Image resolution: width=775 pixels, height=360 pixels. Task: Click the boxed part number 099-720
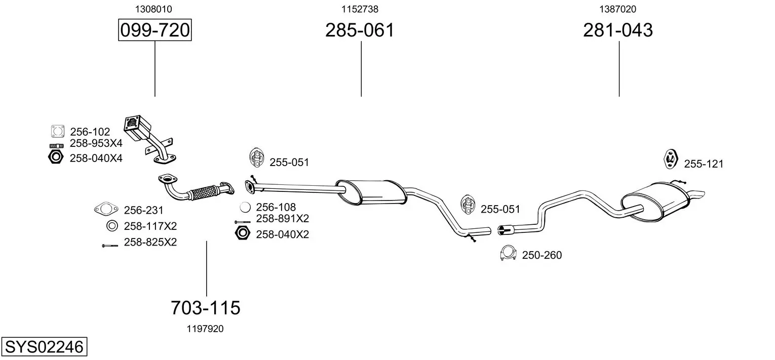coord(154,30)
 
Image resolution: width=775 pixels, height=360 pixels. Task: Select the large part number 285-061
coord(360,30)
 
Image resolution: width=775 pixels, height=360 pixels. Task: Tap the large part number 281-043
coord(618,30)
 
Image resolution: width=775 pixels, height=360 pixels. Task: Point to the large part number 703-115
coord(206,307)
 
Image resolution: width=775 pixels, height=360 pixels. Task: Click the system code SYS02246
coord(44,346)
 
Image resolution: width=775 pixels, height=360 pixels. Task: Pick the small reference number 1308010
coord(153,9)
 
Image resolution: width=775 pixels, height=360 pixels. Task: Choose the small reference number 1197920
coord(205,329)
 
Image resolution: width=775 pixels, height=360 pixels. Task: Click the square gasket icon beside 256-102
coord(57,132)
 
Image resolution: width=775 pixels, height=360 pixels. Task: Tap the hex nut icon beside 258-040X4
coord(56,157)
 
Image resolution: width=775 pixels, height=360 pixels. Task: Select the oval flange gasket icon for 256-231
coord(106,209)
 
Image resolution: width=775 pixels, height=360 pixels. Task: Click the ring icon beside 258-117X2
coord(112,226)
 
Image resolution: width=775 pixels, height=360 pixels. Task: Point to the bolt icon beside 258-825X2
coord(110,246)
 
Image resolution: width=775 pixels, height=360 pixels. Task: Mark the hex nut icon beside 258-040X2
coord(242,233)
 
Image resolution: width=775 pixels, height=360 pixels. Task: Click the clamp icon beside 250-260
coord(508,254)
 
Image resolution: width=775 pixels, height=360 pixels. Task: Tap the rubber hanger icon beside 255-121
coord(671,159)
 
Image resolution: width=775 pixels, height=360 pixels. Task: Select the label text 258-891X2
coord(282,219)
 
